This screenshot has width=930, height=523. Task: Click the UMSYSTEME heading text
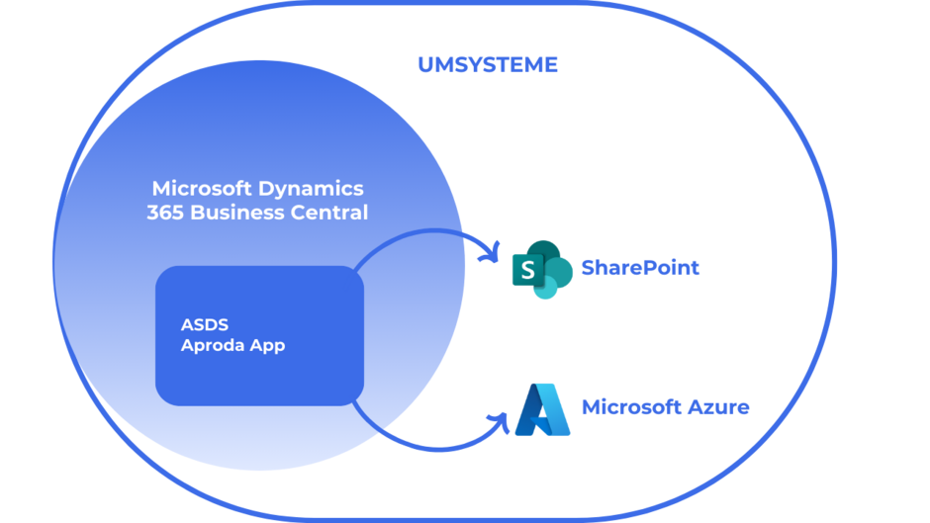click(x=487, y=65)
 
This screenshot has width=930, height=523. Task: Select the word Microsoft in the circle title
click(x=204, y=188)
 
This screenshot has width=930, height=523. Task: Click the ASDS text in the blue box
click(x=202, y=323)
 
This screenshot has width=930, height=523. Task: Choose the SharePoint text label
click(x=640, y=267)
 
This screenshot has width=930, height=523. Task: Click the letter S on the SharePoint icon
click(x=527, y=270)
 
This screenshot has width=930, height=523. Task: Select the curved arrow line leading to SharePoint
click(x=416, y=233)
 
